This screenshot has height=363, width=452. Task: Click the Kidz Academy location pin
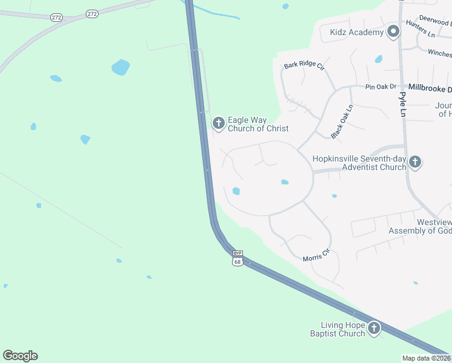(x=393, y=31)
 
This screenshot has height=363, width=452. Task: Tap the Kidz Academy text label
(x=357, y=32)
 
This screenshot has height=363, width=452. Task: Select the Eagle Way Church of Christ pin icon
(x=218, y=123)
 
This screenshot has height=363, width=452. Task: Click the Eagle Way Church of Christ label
(x=257, y=124)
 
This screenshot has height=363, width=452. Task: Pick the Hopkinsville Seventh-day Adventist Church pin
(x=415, y=162)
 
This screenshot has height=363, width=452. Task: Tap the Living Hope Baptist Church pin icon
(x=373, y=329)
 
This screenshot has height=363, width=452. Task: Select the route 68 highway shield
(x=237, y=261)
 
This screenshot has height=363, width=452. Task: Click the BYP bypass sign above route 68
(x=237, y=253)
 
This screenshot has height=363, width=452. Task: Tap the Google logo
(x=20, y=356)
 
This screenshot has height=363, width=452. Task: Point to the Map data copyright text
(x=427, y=358)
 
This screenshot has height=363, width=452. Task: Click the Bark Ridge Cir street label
(x=304, y=65)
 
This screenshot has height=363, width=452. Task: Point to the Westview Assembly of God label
(x=419, y=226)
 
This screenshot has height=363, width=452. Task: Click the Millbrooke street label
(x=430, y=88)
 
